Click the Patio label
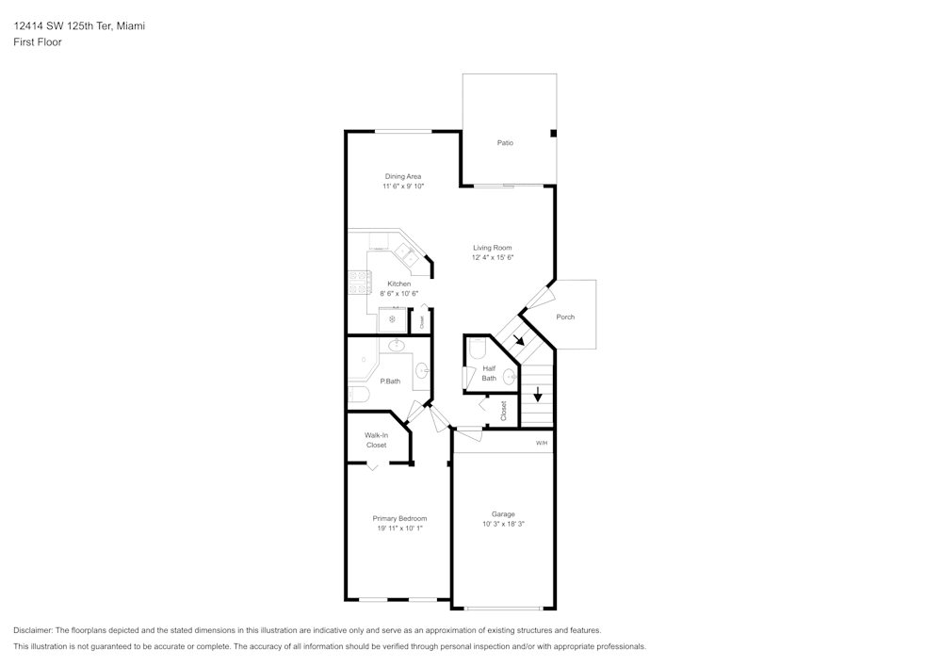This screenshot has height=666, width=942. click(505, 143)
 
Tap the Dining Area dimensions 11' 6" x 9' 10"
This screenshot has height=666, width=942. click(402, 187)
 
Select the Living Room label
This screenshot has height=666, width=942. click(493, 248)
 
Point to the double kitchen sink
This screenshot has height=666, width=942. click(407, 253)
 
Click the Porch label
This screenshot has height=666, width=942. click(565, 317)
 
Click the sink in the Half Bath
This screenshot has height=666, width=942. click(510, 377)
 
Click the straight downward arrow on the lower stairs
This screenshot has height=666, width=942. click(538, 395)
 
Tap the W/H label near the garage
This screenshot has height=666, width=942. click(542, 443)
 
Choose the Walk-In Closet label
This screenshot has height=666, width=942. click(377, 440)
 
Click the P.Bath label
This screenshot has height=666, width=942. click(390, 382)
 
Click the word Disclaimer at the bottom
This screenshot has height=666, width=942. click(33, 630)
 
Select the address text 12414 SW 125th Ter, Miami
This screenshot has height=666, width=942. click(79, 26)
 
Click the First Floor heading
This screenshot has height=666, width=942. click(38, 42)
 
